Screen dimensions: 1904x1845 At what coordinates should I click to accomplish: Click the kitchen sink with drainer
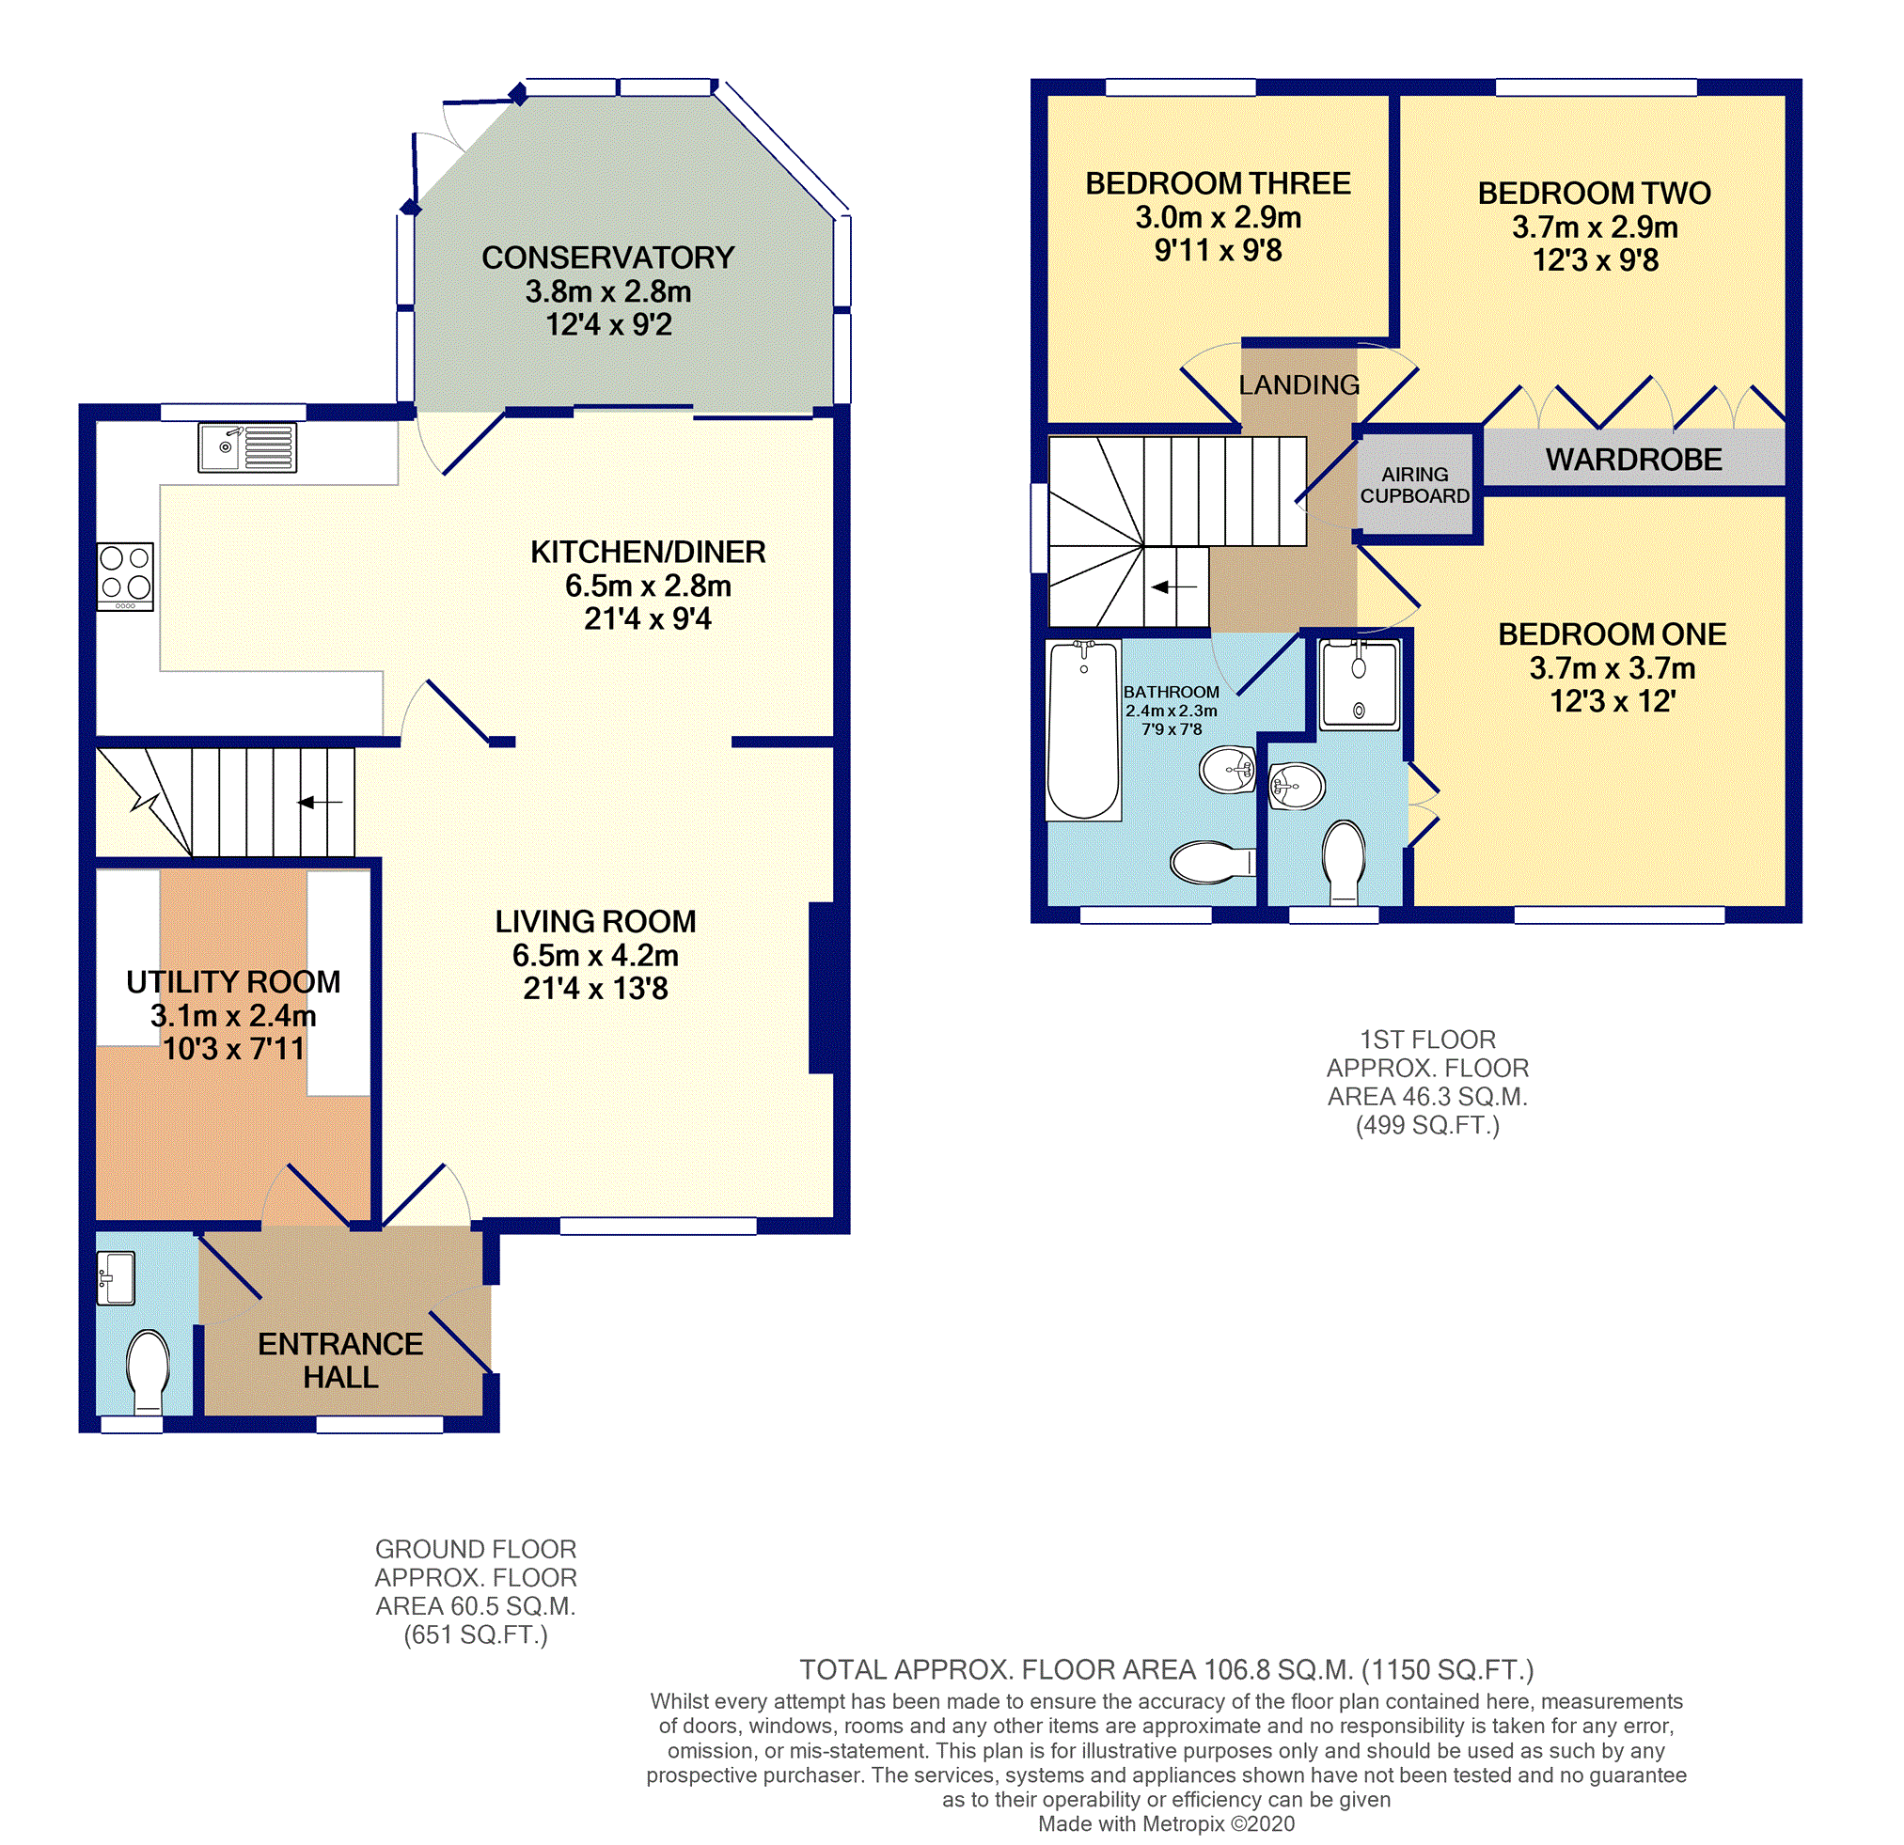pos(247,447)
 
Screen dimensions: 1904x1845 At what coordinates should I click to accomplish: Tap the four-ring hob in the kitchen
pos(125,576)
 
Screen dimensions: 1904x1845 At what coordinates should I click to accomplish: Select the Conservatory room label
pos(608,258)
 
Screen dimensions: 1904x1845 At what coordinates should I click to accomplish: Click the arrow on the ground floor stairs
pos(320,802)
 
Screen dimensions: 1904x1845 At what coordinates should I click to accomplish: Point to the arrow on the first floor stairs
pos(1173,586)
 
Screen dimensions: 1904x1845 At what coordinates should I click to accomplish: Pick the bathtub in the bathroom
pos(1083,730)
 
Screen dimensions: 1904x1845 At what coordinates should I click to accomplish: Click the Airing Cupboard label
pos(1414,485)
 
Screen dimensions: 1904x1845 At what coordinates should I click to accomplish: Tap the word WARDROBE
pos(1634,460)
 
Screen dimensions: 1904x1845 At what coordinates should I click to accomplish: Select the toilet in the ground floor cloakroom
pos(148,1371)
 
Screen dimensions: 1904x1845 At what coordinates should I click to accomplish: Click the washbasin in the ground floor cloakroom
pos(116,1278)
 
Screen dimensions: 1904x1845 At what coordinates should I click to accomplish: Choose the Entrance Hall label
pos(340,1360)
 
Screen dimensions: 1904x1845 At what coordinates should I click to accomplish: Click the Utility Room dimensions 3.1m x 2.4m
pos(233,1016)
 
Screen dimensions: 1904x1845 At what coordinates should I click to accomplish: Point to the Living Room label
pos(595,921)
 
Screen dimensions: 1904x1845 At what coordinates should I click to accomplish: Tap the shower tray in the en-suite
pos(1359,684)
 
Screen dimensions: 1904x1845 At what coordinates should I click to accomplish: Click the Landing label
pos(1298,385)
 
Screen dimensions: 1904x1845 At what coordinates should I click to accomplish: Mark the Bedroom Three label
pos(1219,183)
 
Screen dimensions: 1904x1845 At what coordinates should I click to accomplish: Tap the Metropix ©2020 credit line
pos(1167,1823)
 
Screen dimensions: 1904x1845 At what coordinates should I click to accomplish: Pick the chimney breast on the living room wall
pos(822,988)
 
